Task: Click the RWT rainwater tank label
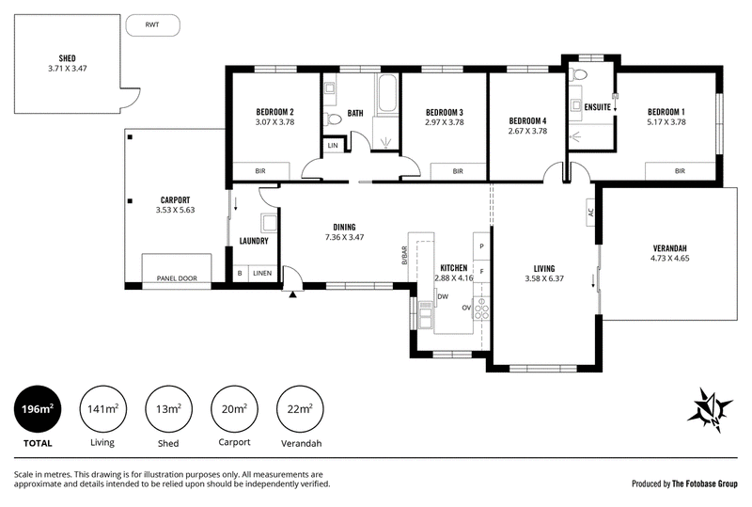(152, 24)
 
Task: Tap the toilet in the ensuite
(580, 74)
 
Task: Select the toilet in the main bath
(332, 119)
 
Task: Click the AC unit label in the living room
(591, 212)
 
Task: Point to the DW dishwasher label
(443, 296)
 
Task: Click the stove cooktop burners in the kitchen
(481, 309)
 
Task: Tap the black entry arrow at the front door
(292, 294)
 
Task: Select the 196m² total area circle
(38, 409)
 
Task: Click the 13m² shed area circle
(168, 409)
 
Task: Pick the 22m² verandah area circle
(300, 409)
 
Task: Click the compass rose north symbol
(711, 410)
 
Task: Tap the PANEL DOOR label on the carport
(177, 278)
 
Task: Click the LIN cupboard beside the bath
(333, 146)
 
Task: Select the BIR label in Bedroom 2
(260, 171)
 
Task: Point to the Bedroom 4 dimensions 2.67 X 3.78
(527, 131)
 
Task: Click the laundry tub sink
(269, 224)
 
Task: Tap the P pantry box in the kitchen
(481, 246)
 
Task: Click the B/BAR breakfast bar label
(404, 256)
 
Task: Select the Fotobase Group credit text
(684, 483)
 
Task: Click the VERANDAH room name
(669, 248)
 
